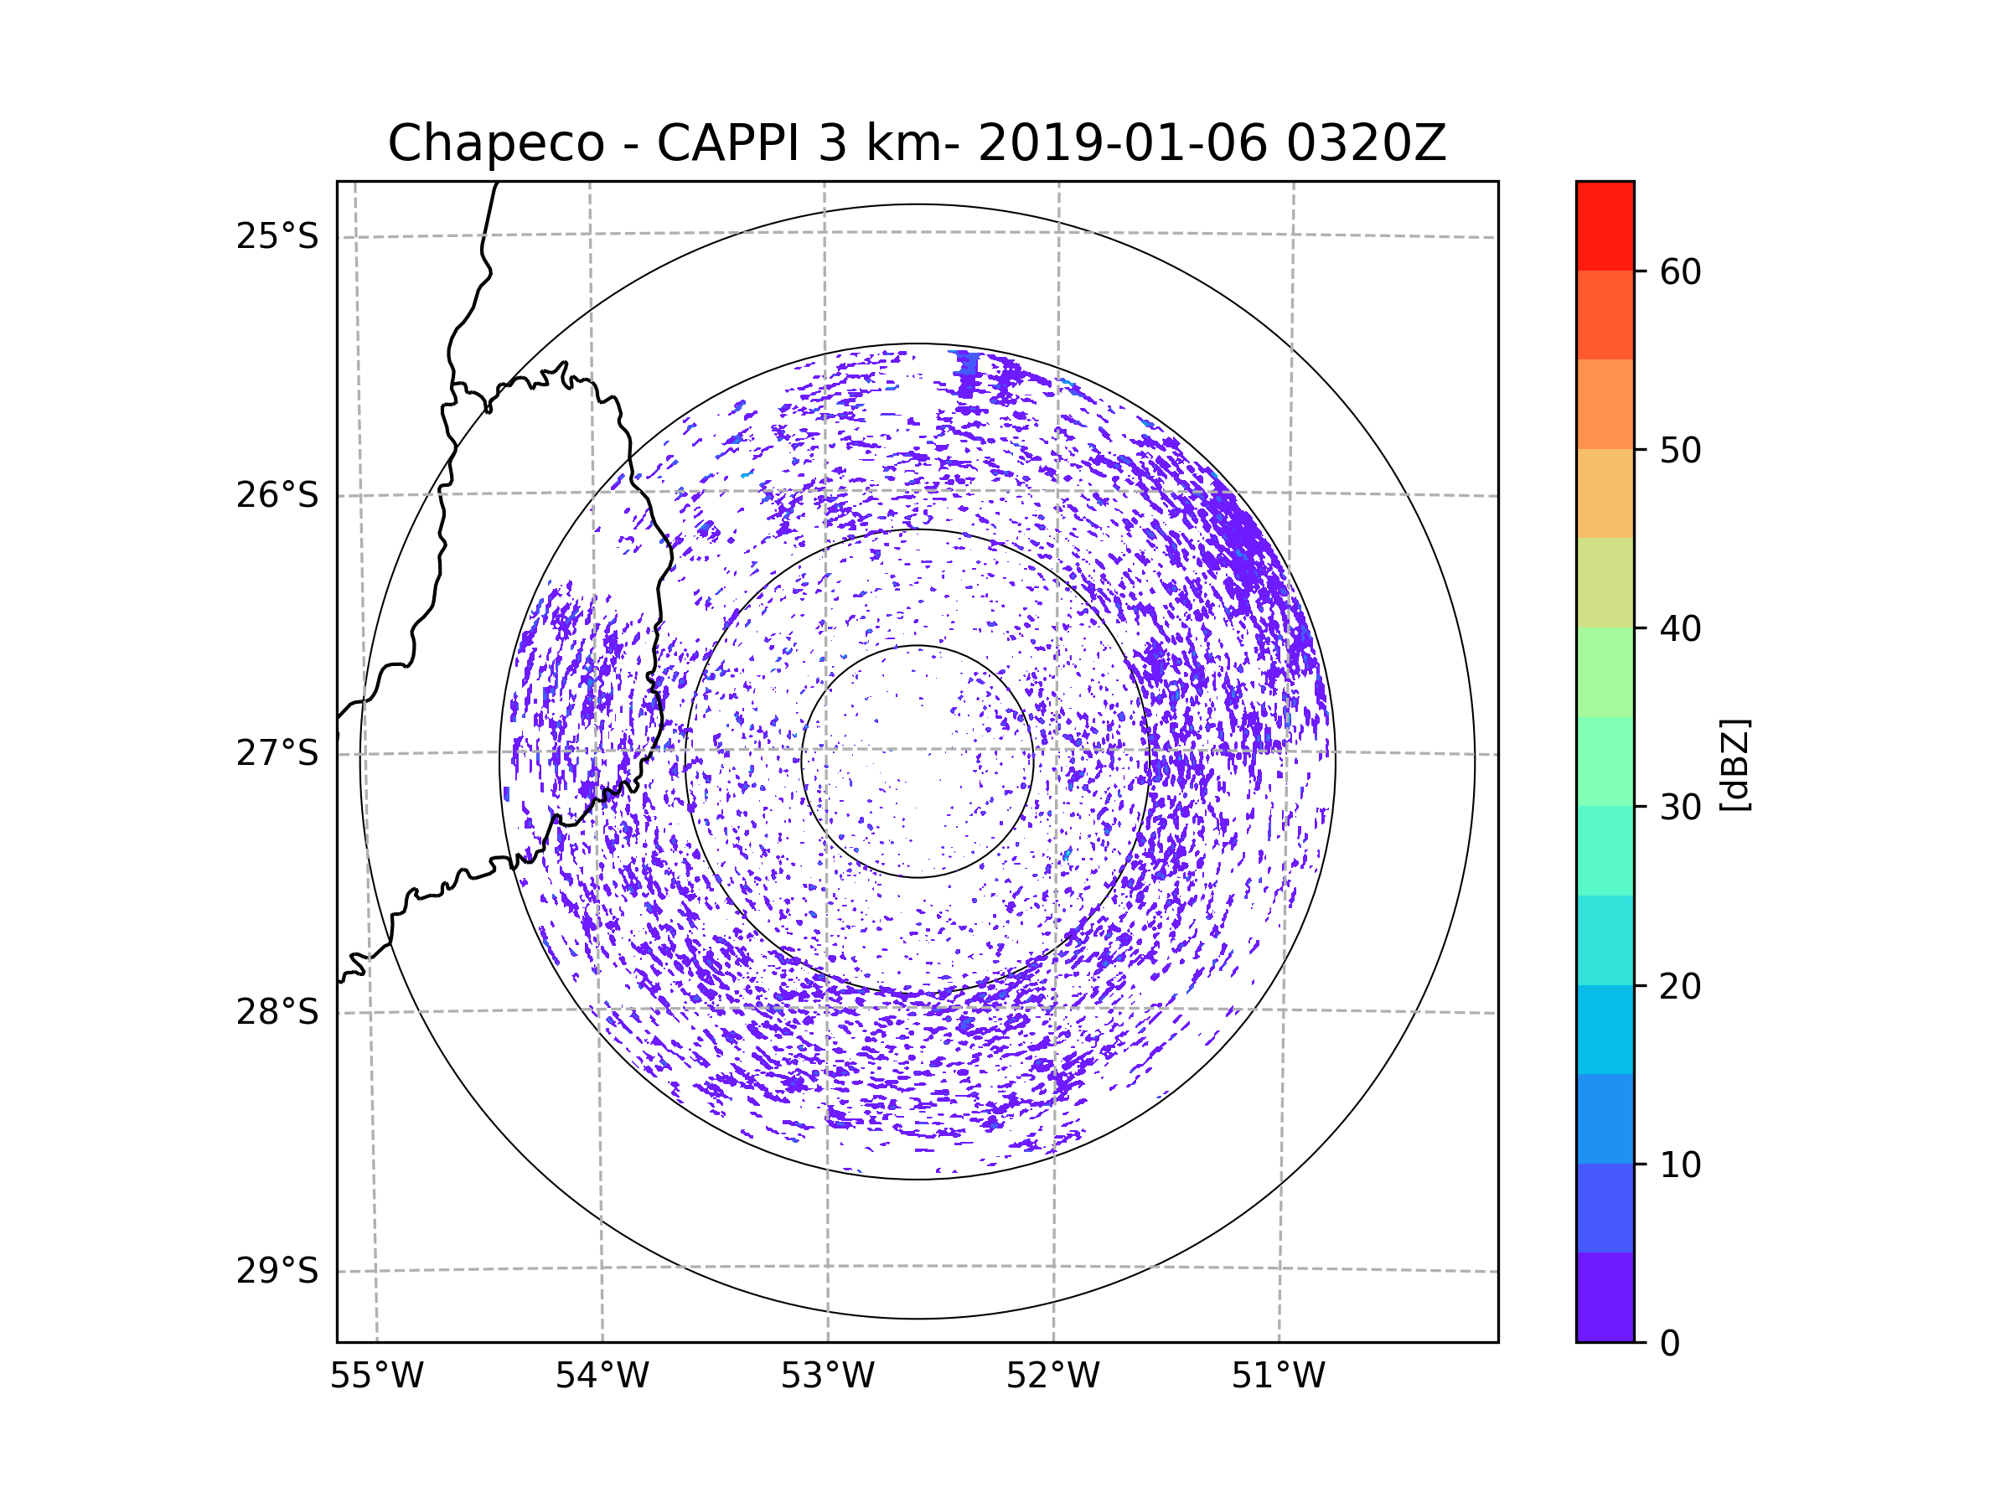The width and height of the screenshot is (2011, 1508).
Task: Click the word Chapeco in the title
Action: coord(495,143)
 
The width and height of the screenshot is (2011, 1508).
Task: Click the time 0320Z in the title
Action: coord(1366,143)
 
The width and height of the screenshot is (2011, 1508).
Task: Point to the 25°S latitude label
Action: coord(277,236)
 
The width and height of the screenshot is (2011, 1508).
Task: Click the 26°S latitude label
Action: coord(277,495)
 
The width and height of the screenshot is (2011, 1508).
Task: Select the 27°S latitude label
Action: coord(277,753)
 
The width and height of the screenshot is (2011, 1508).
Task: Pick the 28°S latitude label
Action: coord(277,1012)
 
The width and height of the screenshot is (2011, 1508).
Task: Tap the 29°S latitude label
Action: coord(277,1271)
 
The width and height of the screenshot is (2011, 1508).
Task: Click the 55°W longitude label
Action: coord(376,1376)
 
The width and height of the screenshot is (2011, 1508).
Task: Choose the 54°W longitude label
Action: coord(602,1376)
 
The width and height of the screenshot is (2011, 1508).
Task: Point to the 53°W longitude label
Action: coord(827,1376)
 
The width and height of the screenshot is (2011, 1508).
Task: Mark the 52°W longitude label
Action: coord(1052,1376)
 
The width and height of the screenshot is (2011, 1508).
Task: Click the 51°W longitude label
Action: coord(1278,1376)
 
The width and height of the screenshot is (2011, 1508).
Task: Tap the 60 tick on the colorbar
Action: coord(1680,271)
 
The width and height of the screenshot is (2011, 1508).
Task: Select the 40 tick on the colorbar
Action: coord(1680,629)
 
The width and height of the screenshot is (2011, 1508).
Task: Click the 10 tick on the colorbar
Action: coord(1680,1165)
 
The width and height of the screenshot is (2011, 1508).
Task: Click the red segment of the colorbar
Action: coord(1605,225)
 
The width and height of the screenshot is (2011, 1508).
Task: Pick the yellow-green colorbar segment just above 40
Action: coord(1605,582)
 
